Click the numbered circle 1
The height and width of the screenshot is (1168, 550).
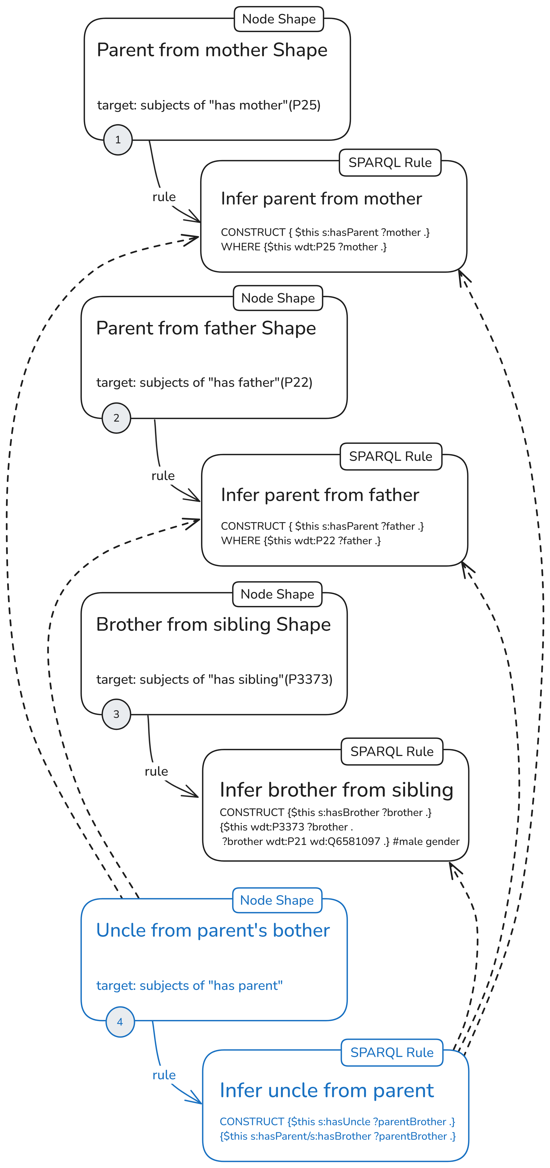(x=118, y=140)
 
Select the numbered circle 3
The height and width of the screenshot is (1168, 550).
(x=116, y=714)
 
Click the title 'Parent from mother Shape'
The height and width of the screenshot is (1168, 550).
(x=212, y=50)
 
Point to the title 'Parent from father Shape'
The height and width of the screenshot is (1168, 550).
(x=206, y=328)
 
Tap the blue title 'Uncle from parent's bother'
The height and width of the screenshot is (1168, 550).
(x=213, y=930)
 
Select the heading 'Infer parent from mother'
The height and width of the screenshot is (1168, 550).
(x=321, y=199)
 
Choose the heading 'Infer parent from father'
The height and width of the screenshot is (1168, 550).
(x=320, y=495)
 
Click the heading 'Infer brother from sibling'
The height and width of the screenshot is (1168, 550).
(x=336, y=790)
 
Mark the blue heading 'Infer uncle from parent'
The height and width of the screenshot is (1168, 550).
(x=327, y=1090)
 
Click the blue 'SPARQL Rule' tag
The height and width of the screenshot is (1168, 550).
(x=392, y=1052)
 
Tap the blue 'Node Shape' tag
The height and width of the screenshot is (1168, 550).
(x=277, y=900)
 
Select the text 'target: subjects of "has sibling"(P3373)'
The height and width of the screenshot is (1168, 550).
(x=214, y=679)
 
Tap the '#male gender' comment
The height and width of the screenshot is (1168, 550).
(x=426, y=842)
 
